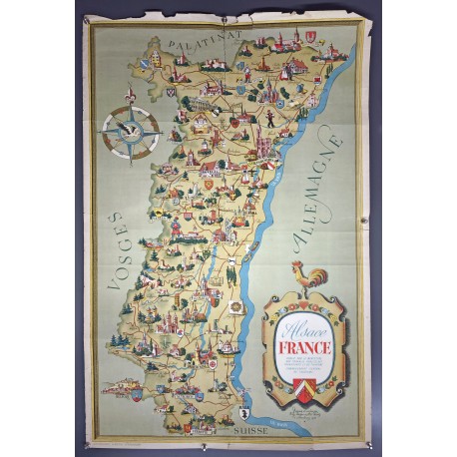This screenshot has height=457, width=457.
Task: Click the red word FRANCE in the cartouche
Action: tap(305, 347)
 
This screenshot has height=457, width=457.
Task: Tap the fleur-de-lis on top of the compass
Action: tap(129, 96)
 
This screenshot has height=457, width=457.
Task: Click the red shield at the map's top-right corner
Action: tap(317, 41)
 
